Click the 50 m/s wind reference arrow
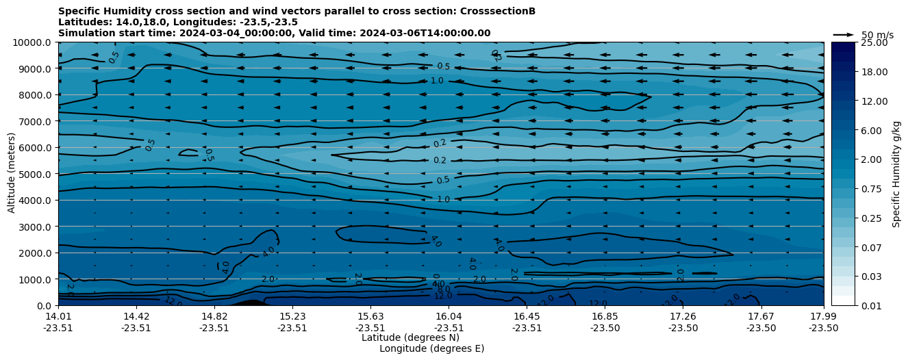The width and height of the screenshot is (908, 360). [x=844, y=35]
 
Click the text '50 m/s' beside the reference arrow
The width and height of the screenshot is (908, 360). [x=877, y=35]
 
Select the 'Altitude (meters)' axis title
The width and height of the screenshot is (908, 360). [x=12, y=174]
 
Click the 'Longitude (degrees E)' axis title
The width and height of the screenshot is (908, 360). [x=431, y=348]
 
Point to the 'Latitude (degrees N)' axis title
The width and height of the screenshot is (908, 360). [x=410, y=337]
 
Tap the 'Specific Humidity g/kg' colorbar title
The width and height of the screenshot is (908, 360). [x=896, y=174]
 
